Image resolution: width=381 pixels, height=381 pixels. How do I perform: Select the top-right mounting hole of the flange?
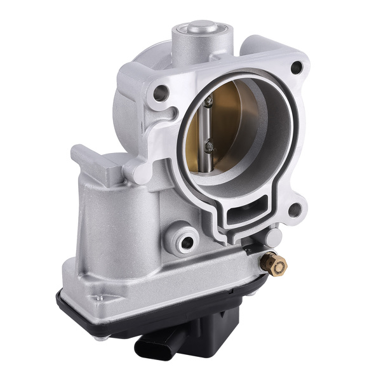click(295, 68)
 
